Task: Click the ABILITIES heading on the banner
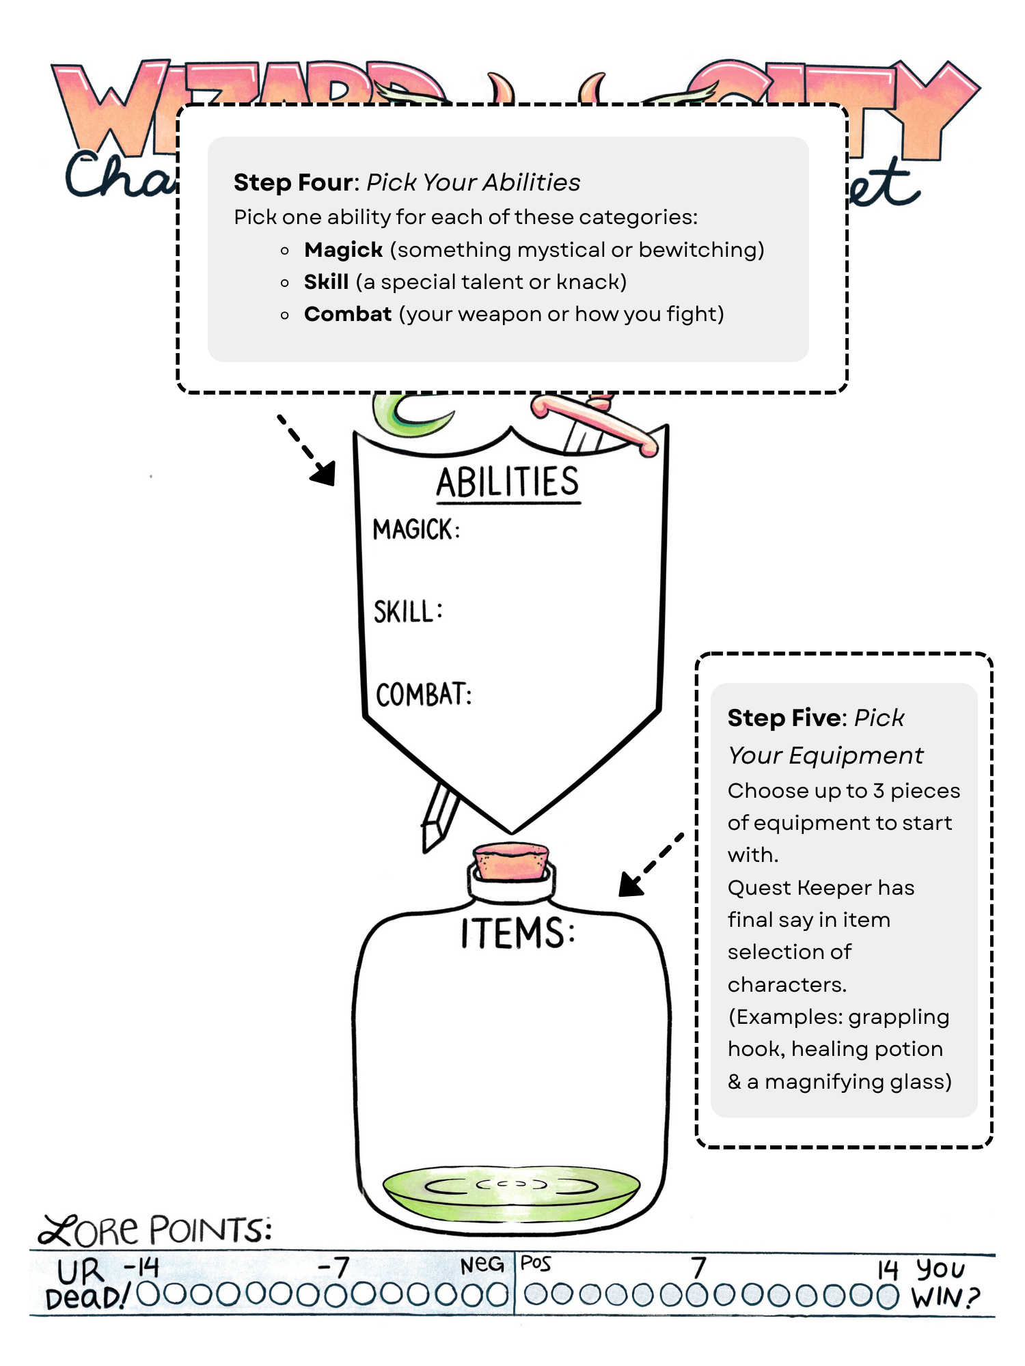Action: pyautogui.click(x=508, y=482)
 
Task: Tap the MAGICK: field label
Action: pyautogui.click(x=416, y=530)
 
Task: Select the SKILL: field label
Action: pyautogui.click(x=408, y=612)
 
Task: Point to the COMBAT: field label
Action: pyautogui.click(x=424, y=695)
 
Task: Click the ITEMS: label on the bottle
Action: pyautogui.click(x=517, y=933)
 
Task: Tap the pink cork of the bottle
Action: pyautogui.click(x=511, y=861)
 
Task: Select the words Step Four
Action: pyautogui.click(x=295, y=183)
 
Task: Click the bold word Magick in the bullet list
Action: pyautogui.click(x=343, y=250)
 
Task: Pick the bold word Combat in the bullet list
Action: pyautogui.click(x=348, y=314)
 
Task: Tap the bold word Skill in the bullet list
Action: pyautogui.click(x=326, y=282)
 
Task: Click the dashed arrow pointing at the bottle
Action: pyautogui.click(x=650, y=865)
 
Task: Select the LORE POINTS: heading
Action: pyautogui.click(x=156, y=1229)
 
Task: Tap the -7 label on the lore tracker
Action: pyautogui.click(x=333, y=1268)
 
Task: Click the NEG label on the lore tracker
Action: pyautogui.click(x=482, y=1265)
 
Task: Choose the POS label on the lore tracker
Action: pyautogui.click(x=536, y=1264)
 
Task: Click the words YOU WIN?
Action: pyautogui.click(x=944, y=1284)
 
